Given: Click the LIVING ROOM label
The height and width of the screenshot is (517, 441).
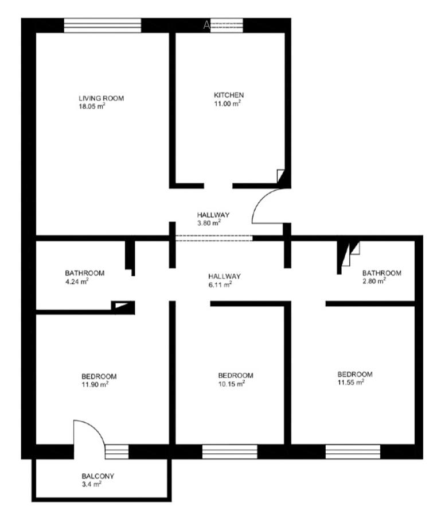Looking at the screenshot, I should click(x=101, y=98).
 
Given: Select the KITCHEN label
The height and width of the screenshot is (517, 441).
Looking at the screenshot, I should click(x=229, y=95).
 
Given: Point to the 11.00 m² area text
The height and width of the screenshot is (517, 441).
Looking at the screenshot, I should click(x=227, y=103).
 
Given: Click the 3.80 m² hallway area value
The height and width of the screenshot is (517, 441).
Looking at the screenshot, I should click(x=208, y=223).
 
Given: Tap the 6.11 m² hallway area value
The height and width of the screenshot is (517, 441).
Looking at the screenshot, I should click(x=220, y=284).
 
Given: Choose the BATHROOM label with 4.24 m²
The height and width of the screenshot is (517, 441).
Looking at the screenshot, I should click(x=84, y=273).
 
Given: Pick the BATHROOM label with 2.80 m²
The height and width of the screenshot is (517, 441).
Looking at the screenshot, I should click(x=381, y=273).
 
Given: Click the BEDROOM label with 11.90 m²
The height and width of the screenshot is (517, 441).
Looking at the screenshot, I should click(x=99, y=376).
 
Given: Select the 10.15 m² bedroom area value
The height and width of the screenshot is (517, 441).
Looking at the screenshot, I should click(x=232, y=384).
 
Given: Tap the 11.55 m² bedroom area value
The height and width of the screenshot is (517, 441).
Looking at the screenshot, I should click(x=351, y=382).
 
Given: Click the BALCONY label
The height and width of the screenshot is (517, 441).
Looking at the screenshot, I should click(x=97, y=476).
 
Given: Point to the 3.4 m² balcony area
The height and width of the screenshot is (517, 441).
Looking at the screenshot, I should click(x=91, y=484).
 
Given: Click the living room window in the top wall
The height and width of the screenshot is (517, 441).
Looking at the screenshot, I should click(x=102, y=25).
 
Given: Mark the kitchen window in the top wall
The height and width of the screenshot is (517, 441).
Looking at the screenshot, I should click(x=226, y=25).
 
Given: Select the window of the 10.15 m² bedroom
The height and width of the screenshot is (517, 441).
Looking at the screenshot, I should click(x=229, y=452).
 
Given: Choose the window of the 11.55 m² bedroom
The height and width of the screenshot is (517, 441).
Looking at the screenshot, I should click(x=353, y=452).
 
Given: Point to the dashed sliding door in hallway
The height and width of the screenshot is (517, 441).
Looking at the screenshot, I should click(x=213, y=238).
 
